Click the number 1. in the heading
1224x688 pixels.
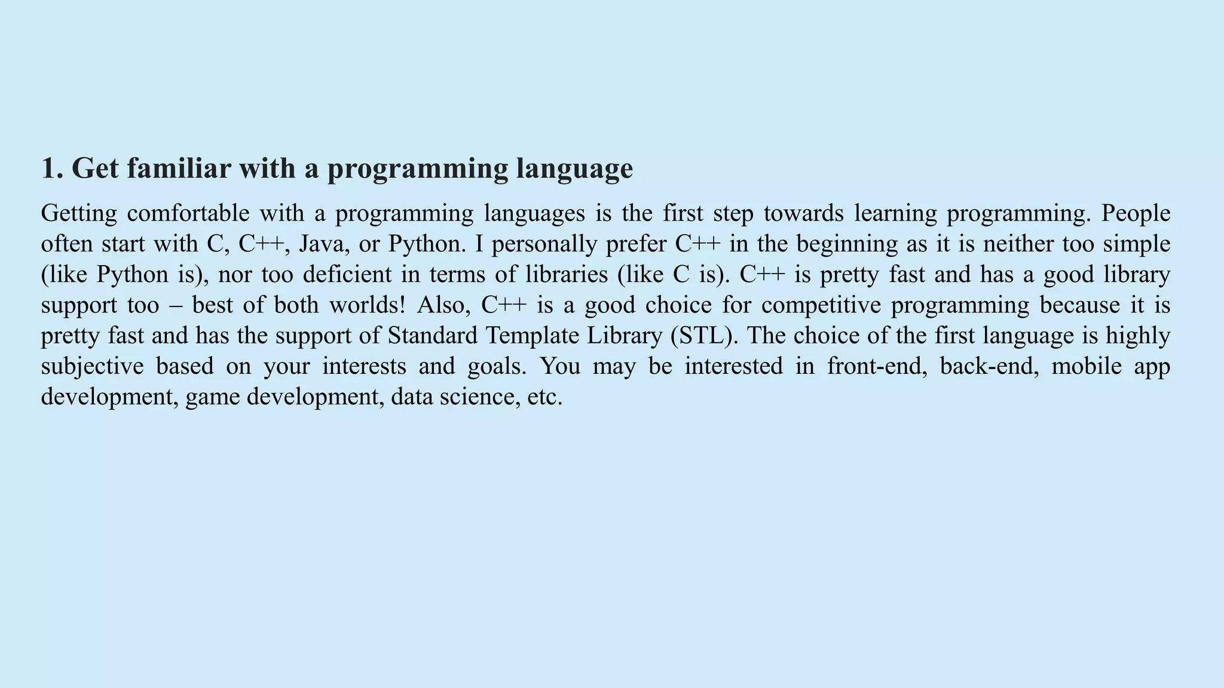pos(52,168)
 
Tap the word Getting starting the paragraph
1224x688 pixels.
pos(79,214)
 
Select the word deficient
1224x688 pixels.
pos(347,275)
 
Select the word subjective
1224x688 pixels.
pos(93,366)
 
